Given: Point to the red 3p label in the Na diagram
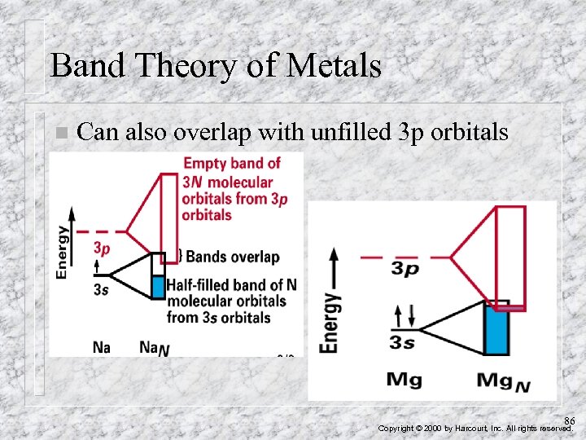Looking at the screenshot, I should (x=102, y=247).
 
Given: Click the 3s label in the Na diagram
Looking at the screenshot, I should (x=100, y=288).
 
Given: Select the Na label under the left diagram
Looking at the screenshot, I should (x=102, y=347).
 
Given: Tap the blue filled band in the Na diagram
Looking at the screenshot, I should (x=158, y=286).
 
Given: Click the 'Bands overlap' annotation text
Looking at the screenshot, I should (x=233, y=257).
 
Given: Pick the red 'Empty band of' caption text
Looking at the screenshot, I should (x=232, y=163).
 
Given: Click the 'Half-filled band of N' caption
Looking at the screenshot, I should (x=231, y=285).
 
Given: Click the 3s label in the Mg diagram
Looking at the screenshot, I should (x=402, y=343).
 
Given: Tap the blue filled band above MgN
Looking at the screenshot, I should (x=496, y=331).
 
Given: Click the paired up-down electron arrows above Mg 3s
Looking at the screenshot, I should (x=401, y=315).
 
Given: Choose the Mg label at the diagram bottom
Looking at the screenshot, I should (x=404, y=379).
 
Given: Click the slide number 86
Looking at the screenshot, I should (x=569, y=420).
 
